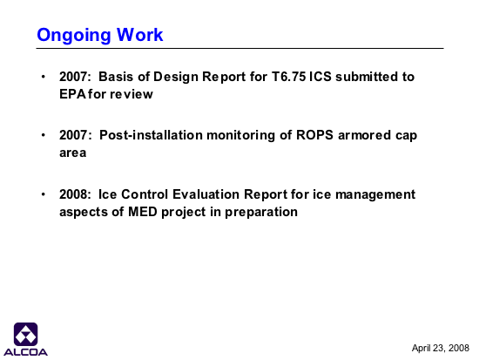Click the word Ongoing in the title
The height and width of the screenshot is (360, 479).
73,36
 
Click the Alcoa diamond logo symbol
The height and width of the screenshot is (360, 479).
25,334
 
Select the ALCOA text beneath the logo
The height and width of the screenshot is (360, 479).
25,352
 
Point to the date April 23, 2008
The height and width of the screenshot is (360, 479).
440,348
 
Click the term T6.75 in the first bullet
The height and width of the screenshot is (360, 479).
288,77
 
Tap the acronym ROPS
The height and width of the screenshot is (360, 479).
314,135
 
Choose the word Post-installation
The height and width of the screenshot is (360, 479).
151,135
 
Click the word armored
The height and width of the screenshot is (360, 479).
364,135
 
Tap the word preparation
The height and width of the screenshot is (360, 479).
261,213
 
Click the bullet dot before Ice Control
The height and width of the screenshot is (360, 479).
43,194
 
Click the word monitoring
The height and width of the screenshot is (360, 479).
240,136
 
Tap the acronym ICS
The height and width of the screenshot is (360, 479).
320,77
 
